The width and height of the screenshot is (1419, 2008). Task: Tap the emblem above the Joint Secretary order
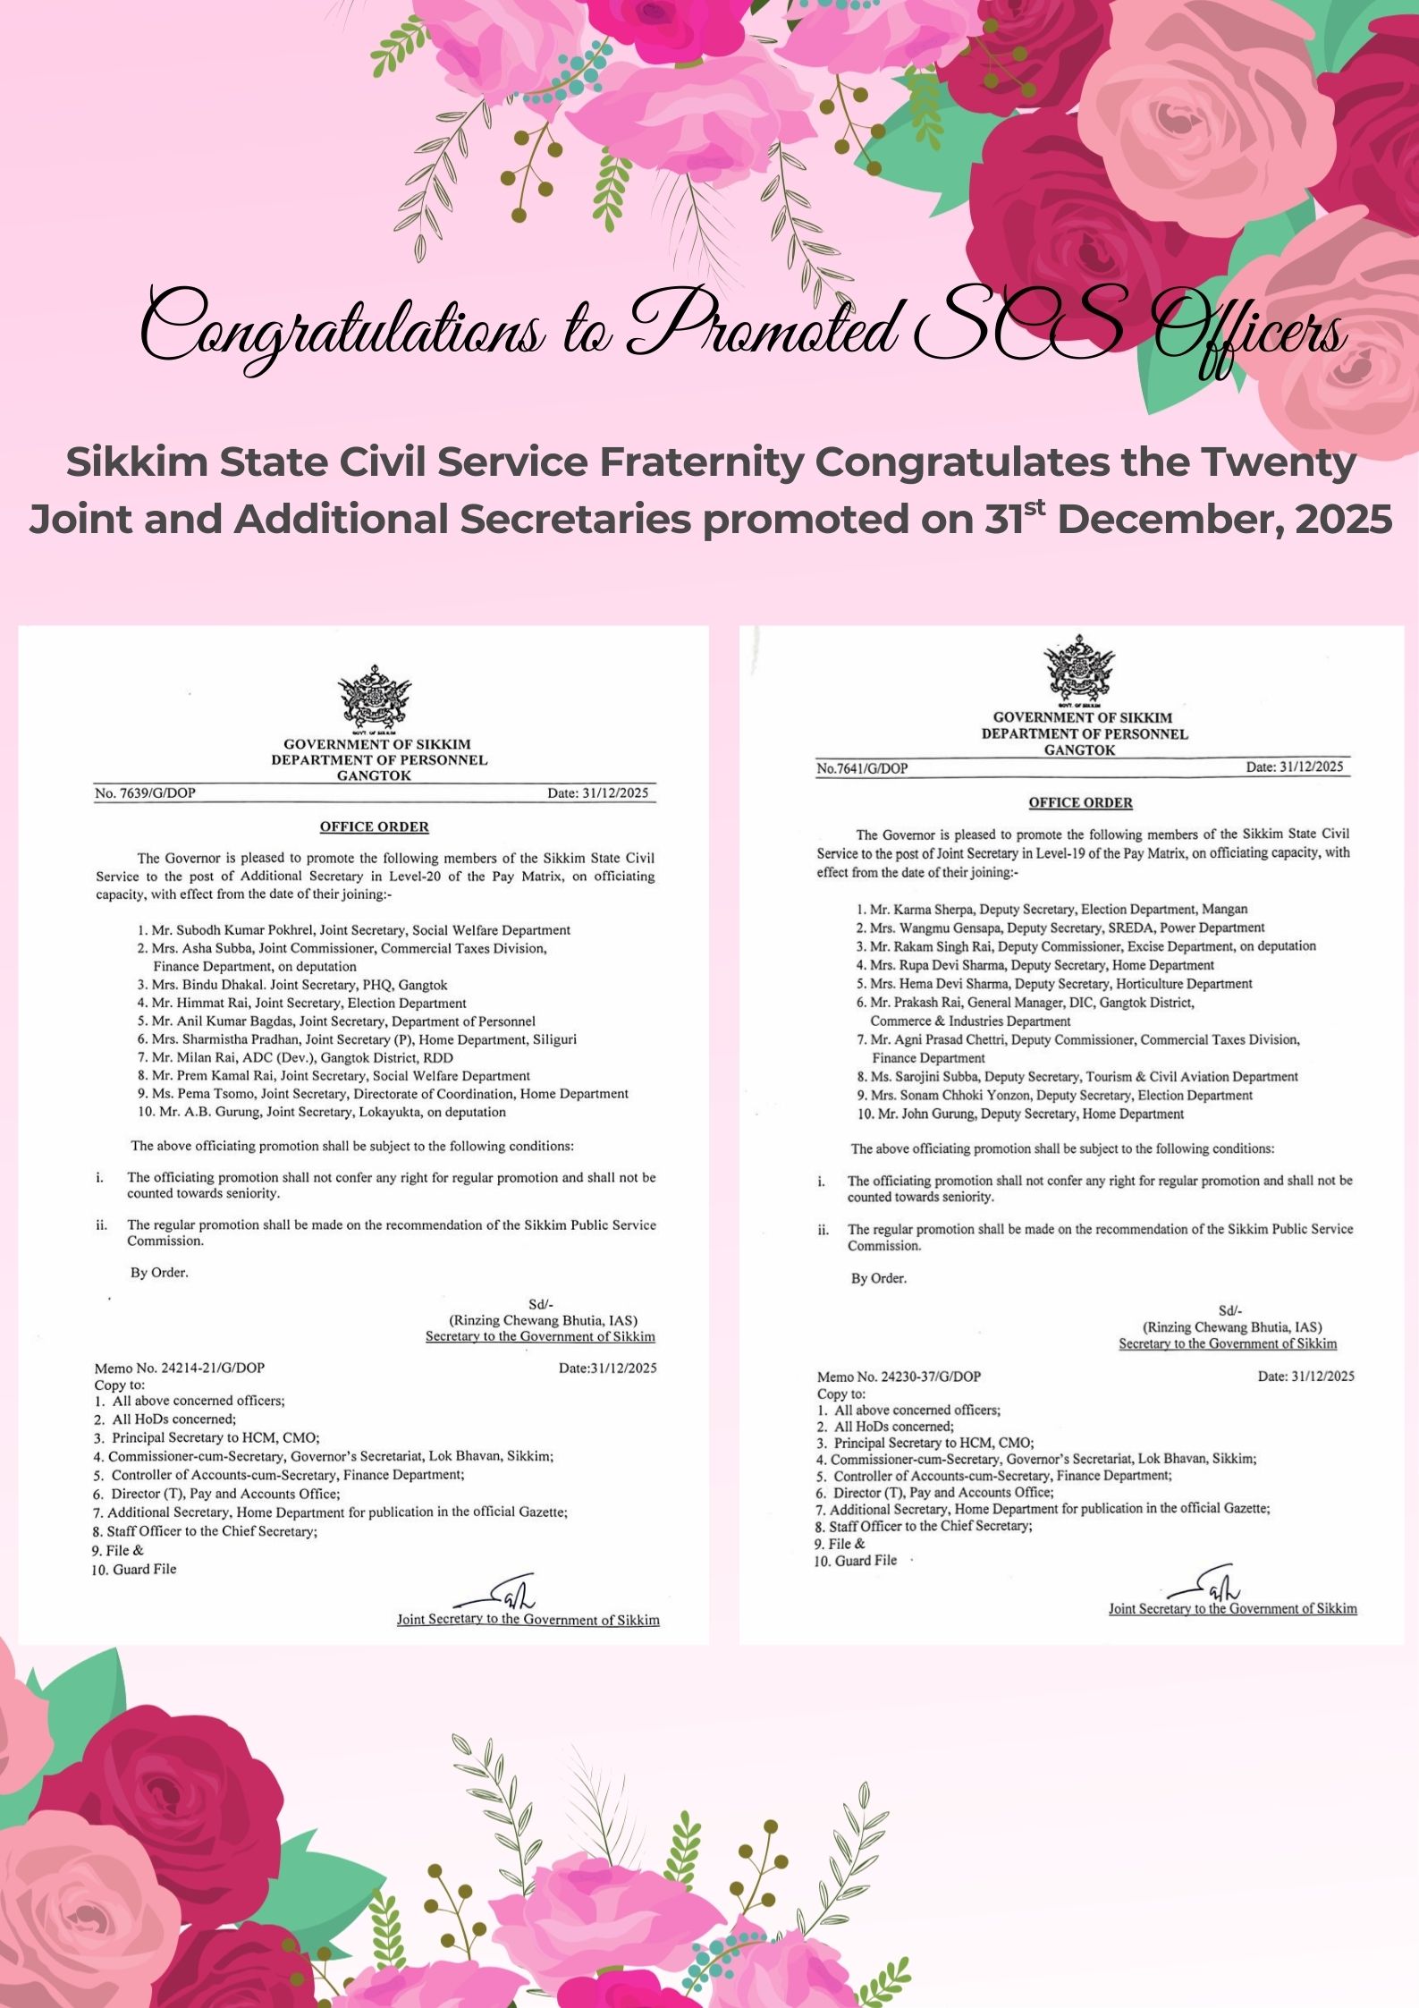[x=1080, y=670]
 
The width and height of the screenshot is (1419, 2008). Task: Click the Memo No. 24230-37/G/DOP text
[x=899, y=1377]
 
